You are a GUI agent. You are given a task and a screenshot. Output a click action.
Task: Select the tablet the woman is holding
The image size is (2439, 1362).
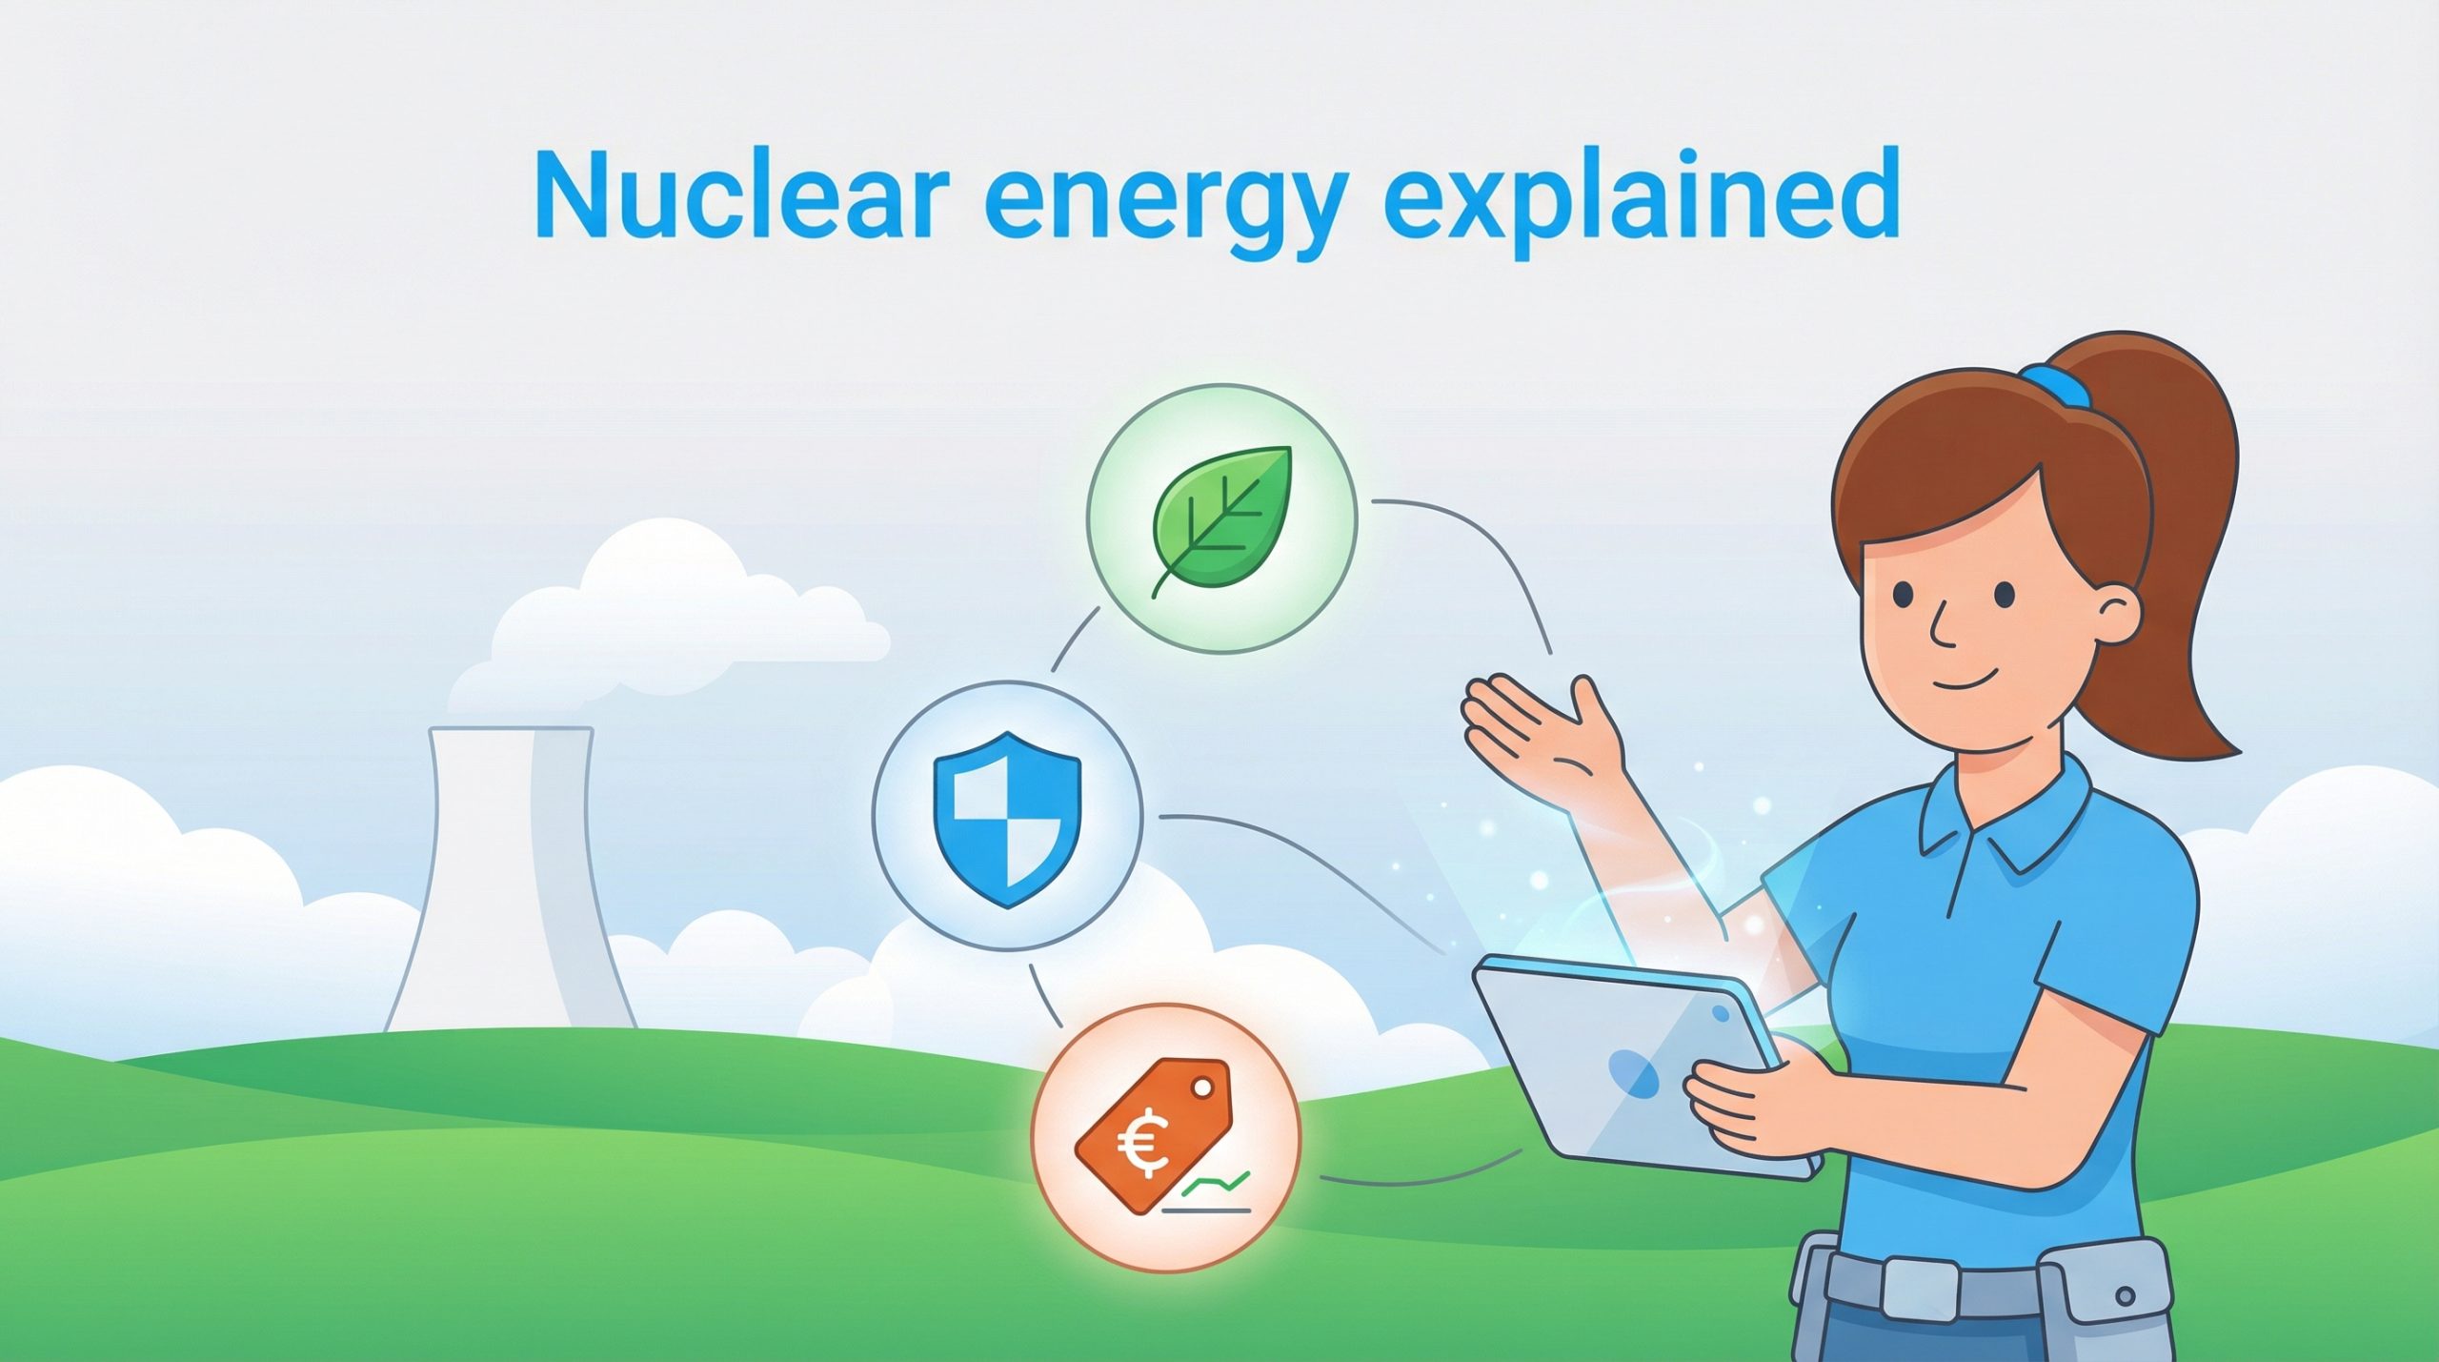tap(1629, 1067)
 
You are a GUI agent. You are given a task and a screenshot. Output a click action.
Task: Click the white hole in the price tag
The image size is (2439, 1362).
tap(1202, 1087)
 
